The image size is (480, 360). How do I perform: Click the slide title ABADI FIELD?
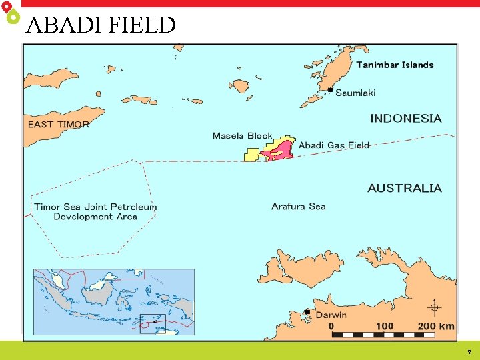pos(101,25)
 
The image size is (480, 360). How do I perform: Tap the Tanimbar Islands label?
pos(395,65)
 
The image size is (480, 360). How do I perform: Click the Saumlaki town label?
pos(355,93)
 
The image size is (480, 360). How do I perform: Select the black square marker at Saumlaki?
pos(330,89)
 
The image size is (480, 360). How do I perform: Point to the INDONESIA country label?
pos(405,118)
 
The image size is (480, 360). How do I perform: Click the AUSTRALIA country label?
pos(404,188)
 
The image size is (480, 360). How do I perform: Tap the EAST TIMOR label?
pos(58,124)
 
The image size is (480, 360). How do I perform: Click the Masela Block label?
pos(242,136)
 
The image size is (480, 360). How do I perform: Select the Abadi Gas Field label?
pos(333,145)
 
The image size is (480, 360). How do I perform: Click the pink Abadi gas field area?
pos(280,151)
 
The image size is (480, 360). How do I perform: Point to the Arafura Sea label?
pos(298,206)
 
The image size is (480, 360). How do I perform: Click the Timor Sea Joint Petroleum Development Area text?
pos(95,211)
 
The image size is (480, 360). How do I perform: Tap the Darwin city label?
pos(331,315)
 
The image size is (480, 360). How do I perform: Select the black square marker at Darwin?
pos(307,311)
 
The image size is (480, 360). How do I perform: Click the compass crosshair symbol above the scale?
pos(435,307)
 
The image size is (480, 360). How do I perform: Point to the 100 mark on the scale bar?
pos(385,326)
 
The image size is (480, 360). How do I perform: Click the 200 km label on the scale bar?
pos(435,326)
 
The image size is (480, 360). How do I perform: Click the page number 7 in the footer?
pos(469,352)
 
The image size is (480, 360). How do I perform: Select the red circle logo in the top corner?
pos(6,6)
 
